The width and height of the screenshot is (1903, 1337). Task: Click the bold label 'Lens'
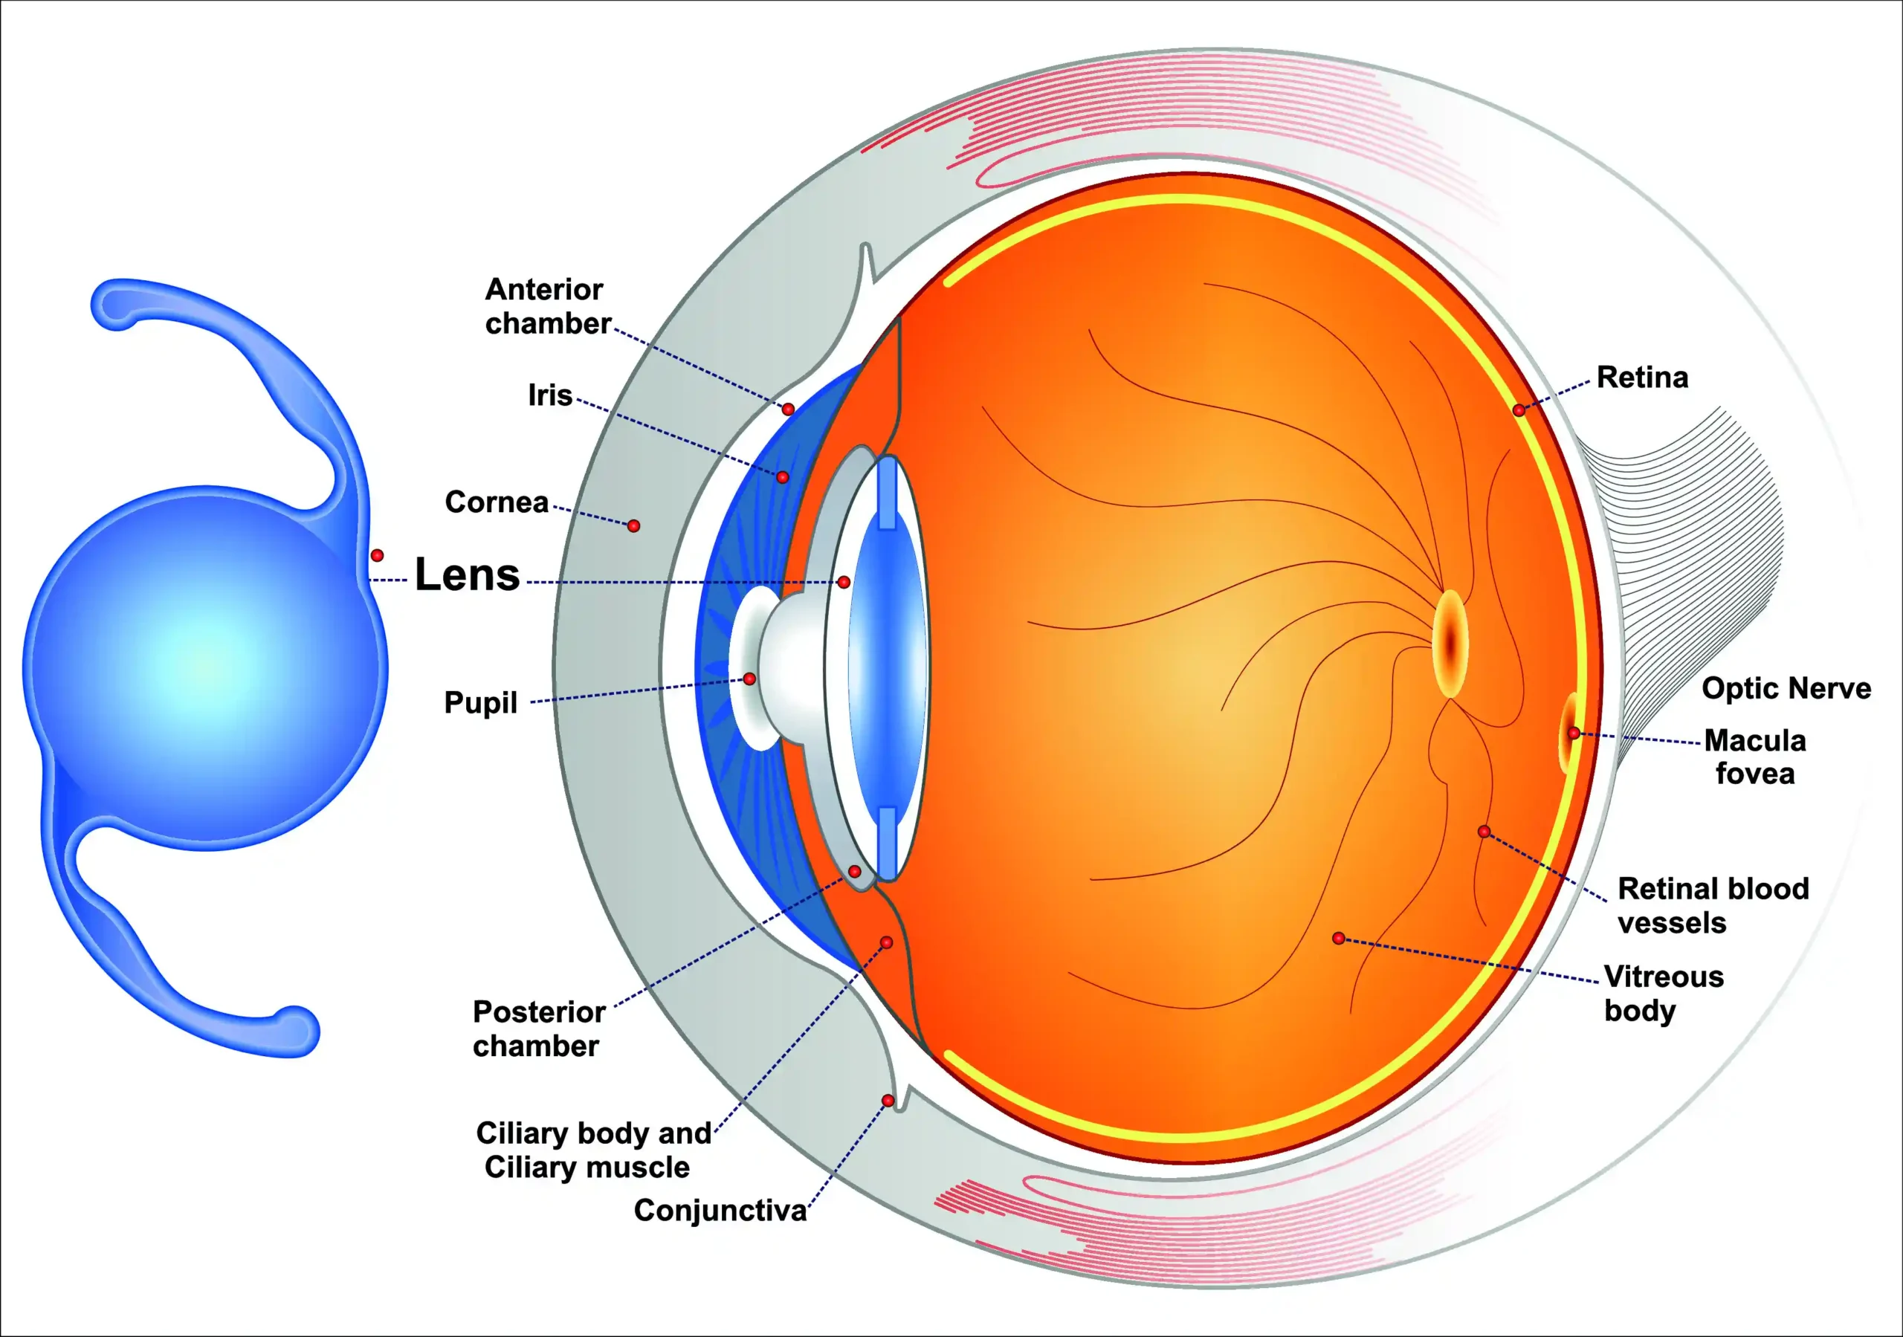coord(467,574)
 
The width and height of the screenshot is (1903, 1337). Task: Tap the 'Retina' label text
coord(1642,378)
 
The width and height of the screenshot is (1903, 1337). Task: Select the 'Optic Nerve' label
coord(1786,688)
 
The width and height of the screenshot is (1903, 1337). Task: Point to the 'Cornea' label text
coord(497,502)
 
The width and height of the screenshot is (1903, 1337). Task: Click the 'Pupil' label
coord(481,703)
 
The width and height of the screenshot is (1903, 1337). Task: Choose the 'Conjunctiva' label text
coord(720,1211)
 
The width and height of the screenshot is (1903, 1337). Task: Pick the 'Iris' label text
coord(550,395)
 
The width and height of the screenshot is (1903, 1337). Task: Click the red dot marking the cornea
coord(633,525)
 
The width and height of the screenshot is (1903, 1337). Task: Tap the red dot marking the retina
coord(1519,409)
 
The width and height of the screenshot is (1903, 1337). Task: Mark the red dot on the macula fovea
coord(1573,734)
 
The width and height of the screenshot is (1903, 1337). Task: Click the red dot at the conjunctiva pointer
coord(888,1101)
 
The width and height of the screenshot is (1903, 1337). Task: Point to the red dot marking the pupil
coord(749,679)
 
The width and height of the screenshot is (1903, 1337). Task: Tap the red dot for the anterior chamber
coord(788,409)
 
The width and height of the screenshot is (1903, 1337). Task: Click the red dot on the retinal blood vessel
coord(1484,832)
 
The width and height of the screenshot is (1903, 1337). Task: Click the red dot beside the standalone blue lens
coord(377,554)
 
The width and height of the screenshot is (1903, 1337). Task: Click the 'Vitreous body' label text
coord(1663,993)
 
